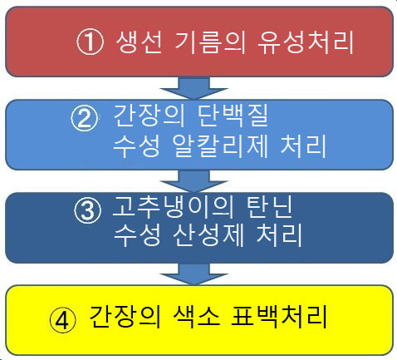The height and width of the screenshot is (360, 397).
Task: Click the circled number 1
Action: tap(90, 42)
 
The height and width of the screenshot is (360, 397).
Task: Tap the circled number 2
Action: tap(85, 118)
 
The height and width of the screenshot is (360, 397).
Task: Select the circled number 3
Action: tap(87, 210)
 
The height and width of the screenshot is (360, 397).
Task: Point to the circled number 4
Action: tap(63, 321)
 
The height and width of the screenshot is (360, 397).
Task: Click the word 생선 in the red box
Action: tap(139, 42)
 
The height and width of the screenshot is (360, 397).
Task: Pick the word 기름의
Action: tap(210, 42)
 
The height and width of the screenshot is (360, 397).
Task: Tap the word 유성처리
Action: tap(306, 42)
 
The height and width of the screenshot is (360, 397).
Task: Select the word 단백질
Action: tap(233, 116)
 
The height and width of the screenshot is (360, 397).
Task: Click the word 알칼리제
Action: tap(220, 145)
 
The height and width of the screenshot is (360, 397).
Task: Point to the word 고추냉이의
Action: tap(174, 206)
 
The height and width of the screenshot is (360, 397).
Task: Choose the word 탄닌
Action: tap(269, 206)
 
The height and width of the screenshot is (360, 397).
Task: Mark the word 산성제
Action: tap(208, 235)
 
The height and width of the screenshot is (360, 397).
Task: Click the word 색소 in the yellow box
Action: tap(196, 317)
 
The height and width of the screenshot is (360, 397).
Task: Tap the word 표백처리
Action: tap(279, 317)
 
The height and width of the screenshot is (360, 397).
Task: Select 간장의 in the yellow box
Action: tap(125, 317)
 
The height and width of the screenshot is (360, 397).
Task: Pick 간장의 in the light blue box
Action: tap(149, 116)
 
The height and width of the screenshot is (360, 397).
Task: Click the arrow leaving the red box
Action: tap(194, 88)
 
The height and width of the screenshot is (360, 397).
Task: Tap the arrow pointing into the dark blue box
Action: tap(194, 181)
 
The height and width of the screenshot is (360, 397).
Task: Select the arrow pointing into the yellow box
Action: tap(194, 274)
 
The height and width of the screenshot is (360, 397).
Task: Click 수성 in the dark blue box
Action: tap(137, 235)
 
